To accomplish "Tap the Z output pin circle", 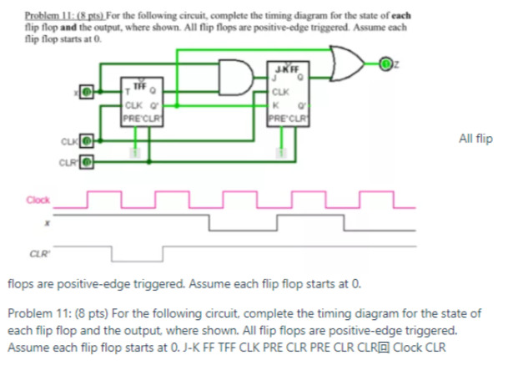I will [385, 64].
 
